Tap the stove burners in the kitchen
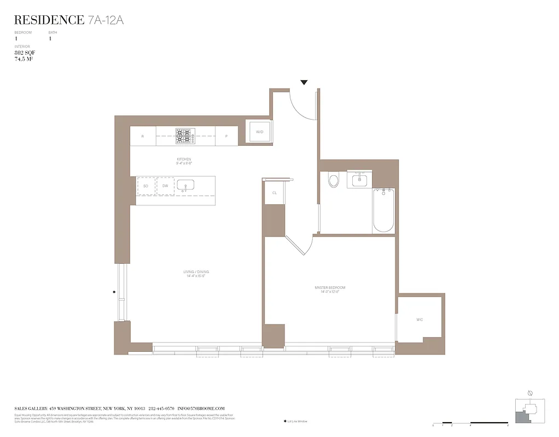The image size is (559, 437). [x=185, y=136]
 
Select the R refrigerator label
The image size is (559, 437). [x=142, y=136]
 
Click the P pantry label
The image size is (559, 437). [x=226, y=136]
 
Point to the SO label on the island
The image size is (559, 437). [x=145, y=186]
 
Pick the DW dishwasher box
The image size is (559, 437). [x=165, y=186]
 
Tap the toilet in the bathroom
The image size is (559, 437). [x=334, y=180]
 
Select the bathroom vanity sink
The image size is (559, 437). [x=359, y=180]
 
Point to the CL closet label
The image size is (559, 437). [x=274, y=193]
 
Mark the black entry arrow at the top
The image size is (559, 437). [x=304, y=82]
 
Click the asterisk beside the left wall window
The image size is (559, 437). [x=114, y=293]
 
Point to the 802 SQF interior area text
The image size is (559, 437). [x=25, y=52]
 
